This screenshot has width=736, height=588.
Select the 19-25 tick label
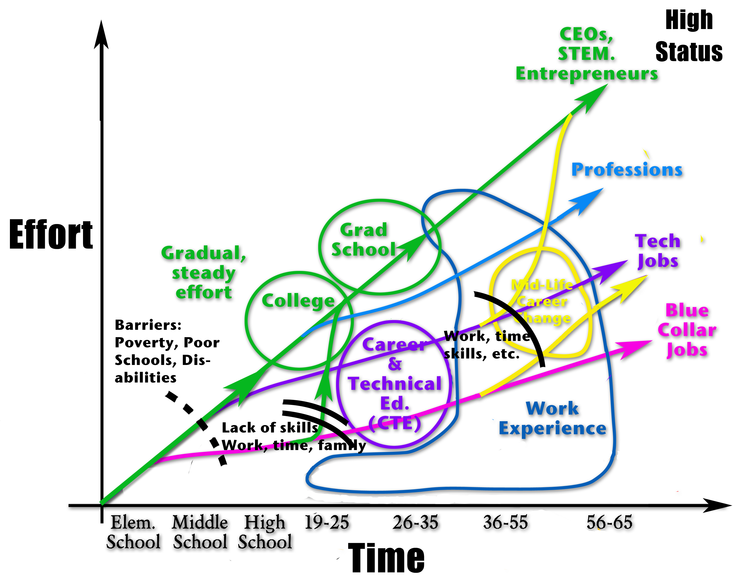[x=326, y=522]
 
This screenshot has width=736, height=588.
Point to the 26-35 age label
[x=415, y=522]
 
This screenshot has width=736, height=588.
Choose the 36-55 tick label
[x=505, y=522]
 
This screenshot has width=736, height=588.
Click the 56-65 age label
[x=609, y=522]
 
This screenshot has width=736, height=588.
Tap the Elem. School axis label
[x=133, y=532]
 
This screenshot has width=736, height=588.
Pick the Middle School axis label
[x=200, y=532]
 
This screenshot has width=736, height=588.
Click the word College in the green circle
[x=298, y=301]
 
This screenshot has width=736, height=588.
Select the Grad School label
[x=364, y=240]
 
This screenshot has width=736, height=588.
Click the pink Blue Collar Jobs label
[x=687, y=330]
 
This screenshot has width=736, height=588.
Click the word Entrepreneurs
[x=587, y=73]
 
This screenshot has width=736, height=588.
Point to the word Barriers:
[x=148, y=325]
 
